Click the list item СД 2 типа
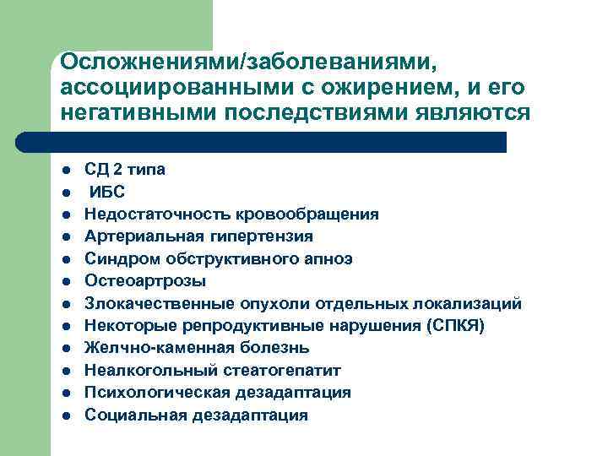click(x=125, y=170)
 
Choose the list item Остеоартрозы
click(x=145, y=281)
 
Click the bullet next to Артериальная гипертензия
click(x=66, y=236)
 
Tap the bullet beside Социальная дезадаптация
click(x=66, y=415)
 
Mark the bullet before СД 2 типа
click(x=66, y=170)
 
